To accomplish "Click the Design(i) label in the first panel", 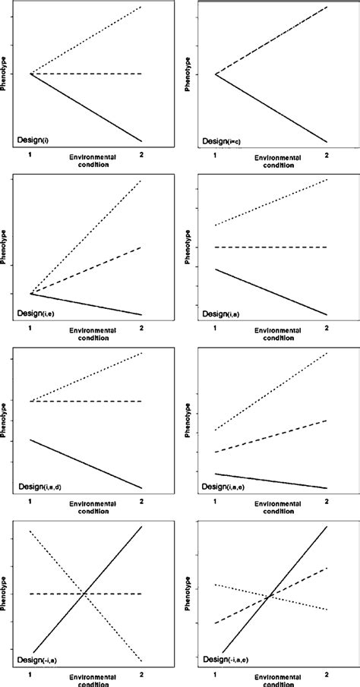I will pos(33,140).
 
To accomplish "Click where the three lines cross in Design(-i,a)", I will pos(84,593).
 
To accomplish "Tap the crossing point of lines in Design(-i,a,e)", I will pos(269,597).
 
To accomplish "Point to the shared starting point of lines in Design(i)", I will pos(30,74).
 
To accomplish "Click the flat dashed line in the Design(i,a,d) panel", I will pos(86,401).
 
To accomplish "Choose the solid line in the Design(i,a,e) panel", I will pos(271,481).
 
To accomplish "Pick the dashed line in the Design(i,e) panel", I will pos(86,270).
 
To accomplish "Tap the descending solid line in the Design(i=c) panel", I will pos(271,108).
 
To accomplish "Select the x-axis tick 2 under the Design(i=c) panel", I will pos(327,156).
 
